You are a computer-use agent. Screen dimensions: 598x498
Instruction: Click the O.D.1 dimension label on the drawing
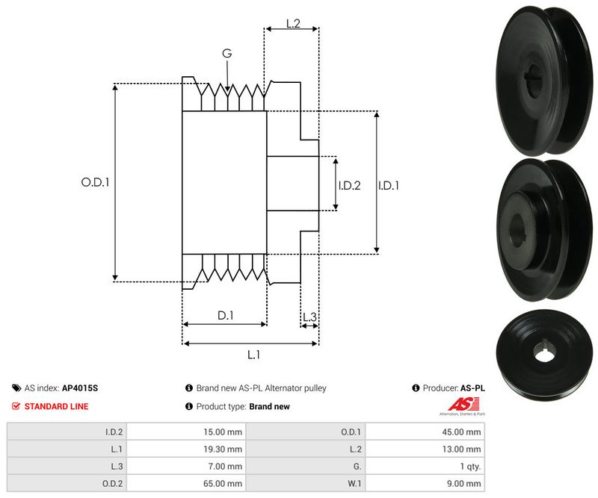96,182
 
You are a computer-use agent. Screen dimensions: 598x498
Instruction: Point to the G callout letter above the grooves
227,53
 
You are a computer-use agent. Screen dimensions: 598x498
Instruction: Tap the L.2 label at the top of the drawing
293,24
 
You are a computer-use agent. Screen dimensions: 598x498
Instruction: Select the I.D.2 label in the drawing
349,186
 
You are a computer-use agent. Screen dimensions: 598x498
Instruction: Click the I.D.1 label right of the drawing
389,186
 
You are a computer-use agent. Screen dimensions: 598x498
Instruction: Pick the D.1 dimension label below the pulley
226,316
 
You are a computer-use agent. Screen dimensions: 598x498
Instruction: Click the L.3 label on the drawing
309,317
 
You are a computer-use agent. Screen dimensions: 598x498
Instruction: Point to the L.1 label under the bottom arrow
253,355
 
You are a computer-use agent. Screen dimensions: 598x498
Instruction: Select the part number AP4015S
80,388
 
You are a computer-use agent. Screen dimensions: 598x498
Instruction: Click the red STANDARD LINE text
57,407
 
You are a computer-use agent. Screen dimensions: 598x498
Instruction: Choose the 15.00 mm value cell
223,432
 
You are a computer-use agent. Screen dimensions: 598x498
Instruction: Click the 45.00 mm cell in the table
461,432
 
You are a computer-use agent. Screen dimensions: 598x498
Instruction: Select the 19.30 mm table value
223,449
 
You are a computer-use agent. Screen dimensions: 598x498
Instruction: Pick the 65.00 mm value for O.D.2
223,484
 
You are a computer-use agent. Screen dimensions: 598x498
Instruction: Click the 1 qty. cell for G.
471,467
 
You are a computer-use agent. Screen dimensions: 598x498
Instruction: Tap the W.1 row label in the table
354,484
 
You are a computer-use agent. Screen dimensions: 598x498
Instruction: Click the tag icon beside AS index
16,388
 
